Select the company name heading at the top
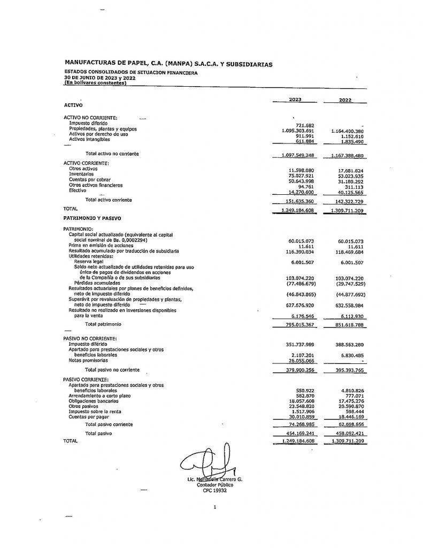pos(168,64)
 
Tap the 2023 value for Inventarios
pos(301,174)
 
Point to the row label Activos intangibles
pos(89,139)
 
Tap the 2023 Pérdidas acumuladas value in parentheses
pos(301,283)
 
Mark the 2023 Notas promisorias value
pos(303,361)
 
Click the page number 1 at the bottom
pos(214,506)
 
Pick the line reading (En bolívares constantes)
pos(95,82)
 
